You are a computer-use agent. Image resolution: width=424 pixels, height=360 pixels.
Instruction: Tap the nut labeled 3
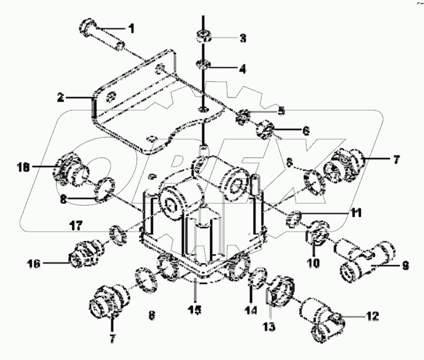tap(202, 38)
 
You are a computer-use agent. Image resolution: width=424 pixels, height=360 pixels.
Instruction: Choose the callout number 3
tap(242, 39)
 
